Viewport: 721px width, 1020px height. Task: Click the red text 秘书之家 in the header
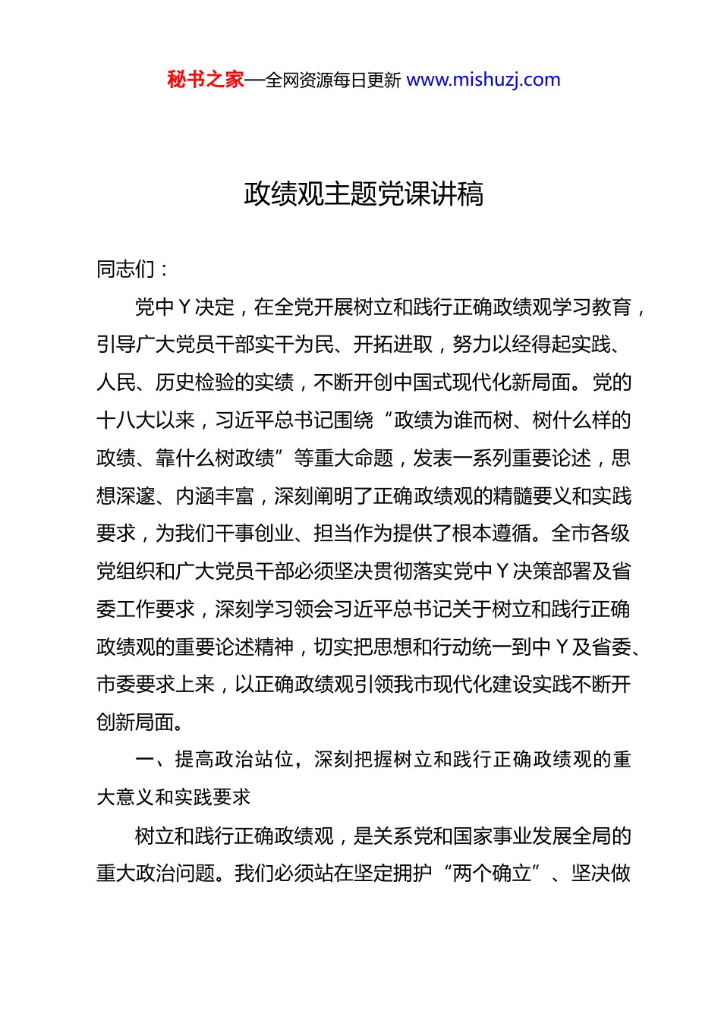click(205, 80)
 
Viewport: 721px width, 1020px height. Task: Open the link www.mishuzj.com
click(483, 80)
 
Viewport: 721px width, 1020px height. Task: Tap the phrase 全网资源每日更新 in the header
click(333, 80)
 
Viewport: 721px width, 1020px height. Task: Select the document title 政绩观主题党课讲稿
click(364, 194)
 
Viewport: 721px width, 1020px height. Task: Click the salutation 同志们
click(125, 269)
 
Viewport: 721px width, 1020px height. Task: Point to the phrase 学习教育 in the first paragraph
click(593, 307)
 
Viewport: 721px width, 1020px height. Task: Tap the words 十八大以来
click(146, 420)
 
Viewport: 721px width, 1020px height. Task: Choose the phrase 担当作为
click(353, 534)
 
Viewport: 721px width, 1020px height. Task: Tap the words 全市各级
click(591, 534)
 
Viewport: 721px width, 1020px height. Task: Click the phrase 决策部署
click(552, 571)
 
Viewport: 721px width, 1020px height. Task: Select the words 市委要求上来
click(156, 685)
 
